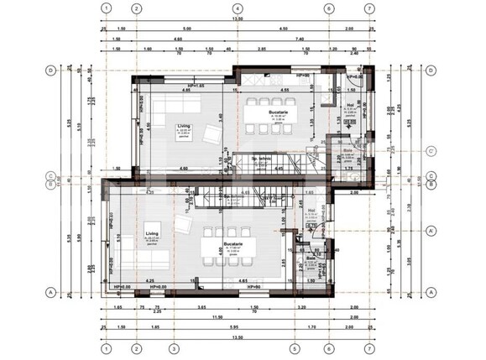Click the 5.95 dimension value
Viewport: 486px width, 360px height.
[x=243, y=326]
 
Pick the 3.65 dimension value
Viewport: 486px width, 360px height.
[x=201, y=308]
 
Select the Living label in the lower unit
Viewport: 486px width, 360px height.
[x=151, y=234]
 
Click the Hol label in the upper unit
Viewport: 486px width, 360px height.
[x=350, y=105]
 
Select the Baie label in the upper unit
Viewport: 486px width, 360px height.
[x=348, y=152]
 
